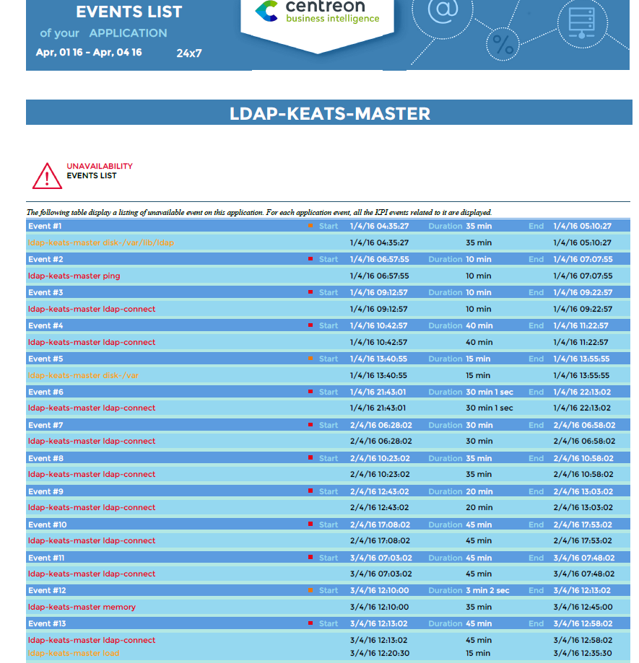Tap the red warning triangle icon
(x=48, y=175)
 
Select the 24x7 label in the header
(x=189, y=53)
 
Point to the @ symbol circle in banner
(x=443, y=9)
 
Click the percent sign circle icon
(x=503, y=45)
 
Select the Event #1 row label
(x=45, y=226)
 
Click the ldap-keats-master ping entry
(x=74, y=276)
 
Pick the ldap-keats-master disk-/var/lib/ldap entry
(x=100, y=242)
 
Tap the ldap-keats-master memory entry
(x=82, y=607)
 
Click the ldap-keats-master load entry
(x=73, y=653)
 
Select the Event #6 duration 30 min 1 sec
(x=490, y=392)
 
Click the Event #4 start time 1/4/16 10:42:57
(x=378, y=325)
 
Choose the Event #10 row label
(x=48, y=524)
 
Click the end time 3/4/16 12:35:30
(x=582, y=653)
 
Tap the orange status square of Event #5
(x=310, y=359)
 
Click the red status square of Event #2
(x=310, y=259)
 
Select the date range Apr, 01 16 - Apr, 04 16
(x=89, y=52)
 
